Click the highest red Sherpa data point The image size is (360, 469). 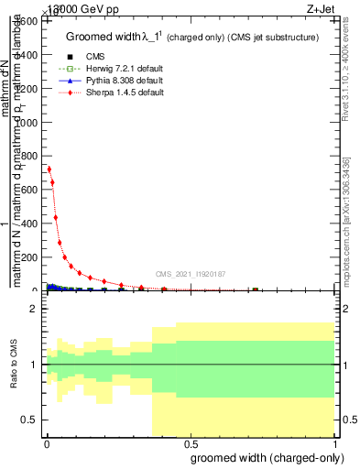49,169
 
